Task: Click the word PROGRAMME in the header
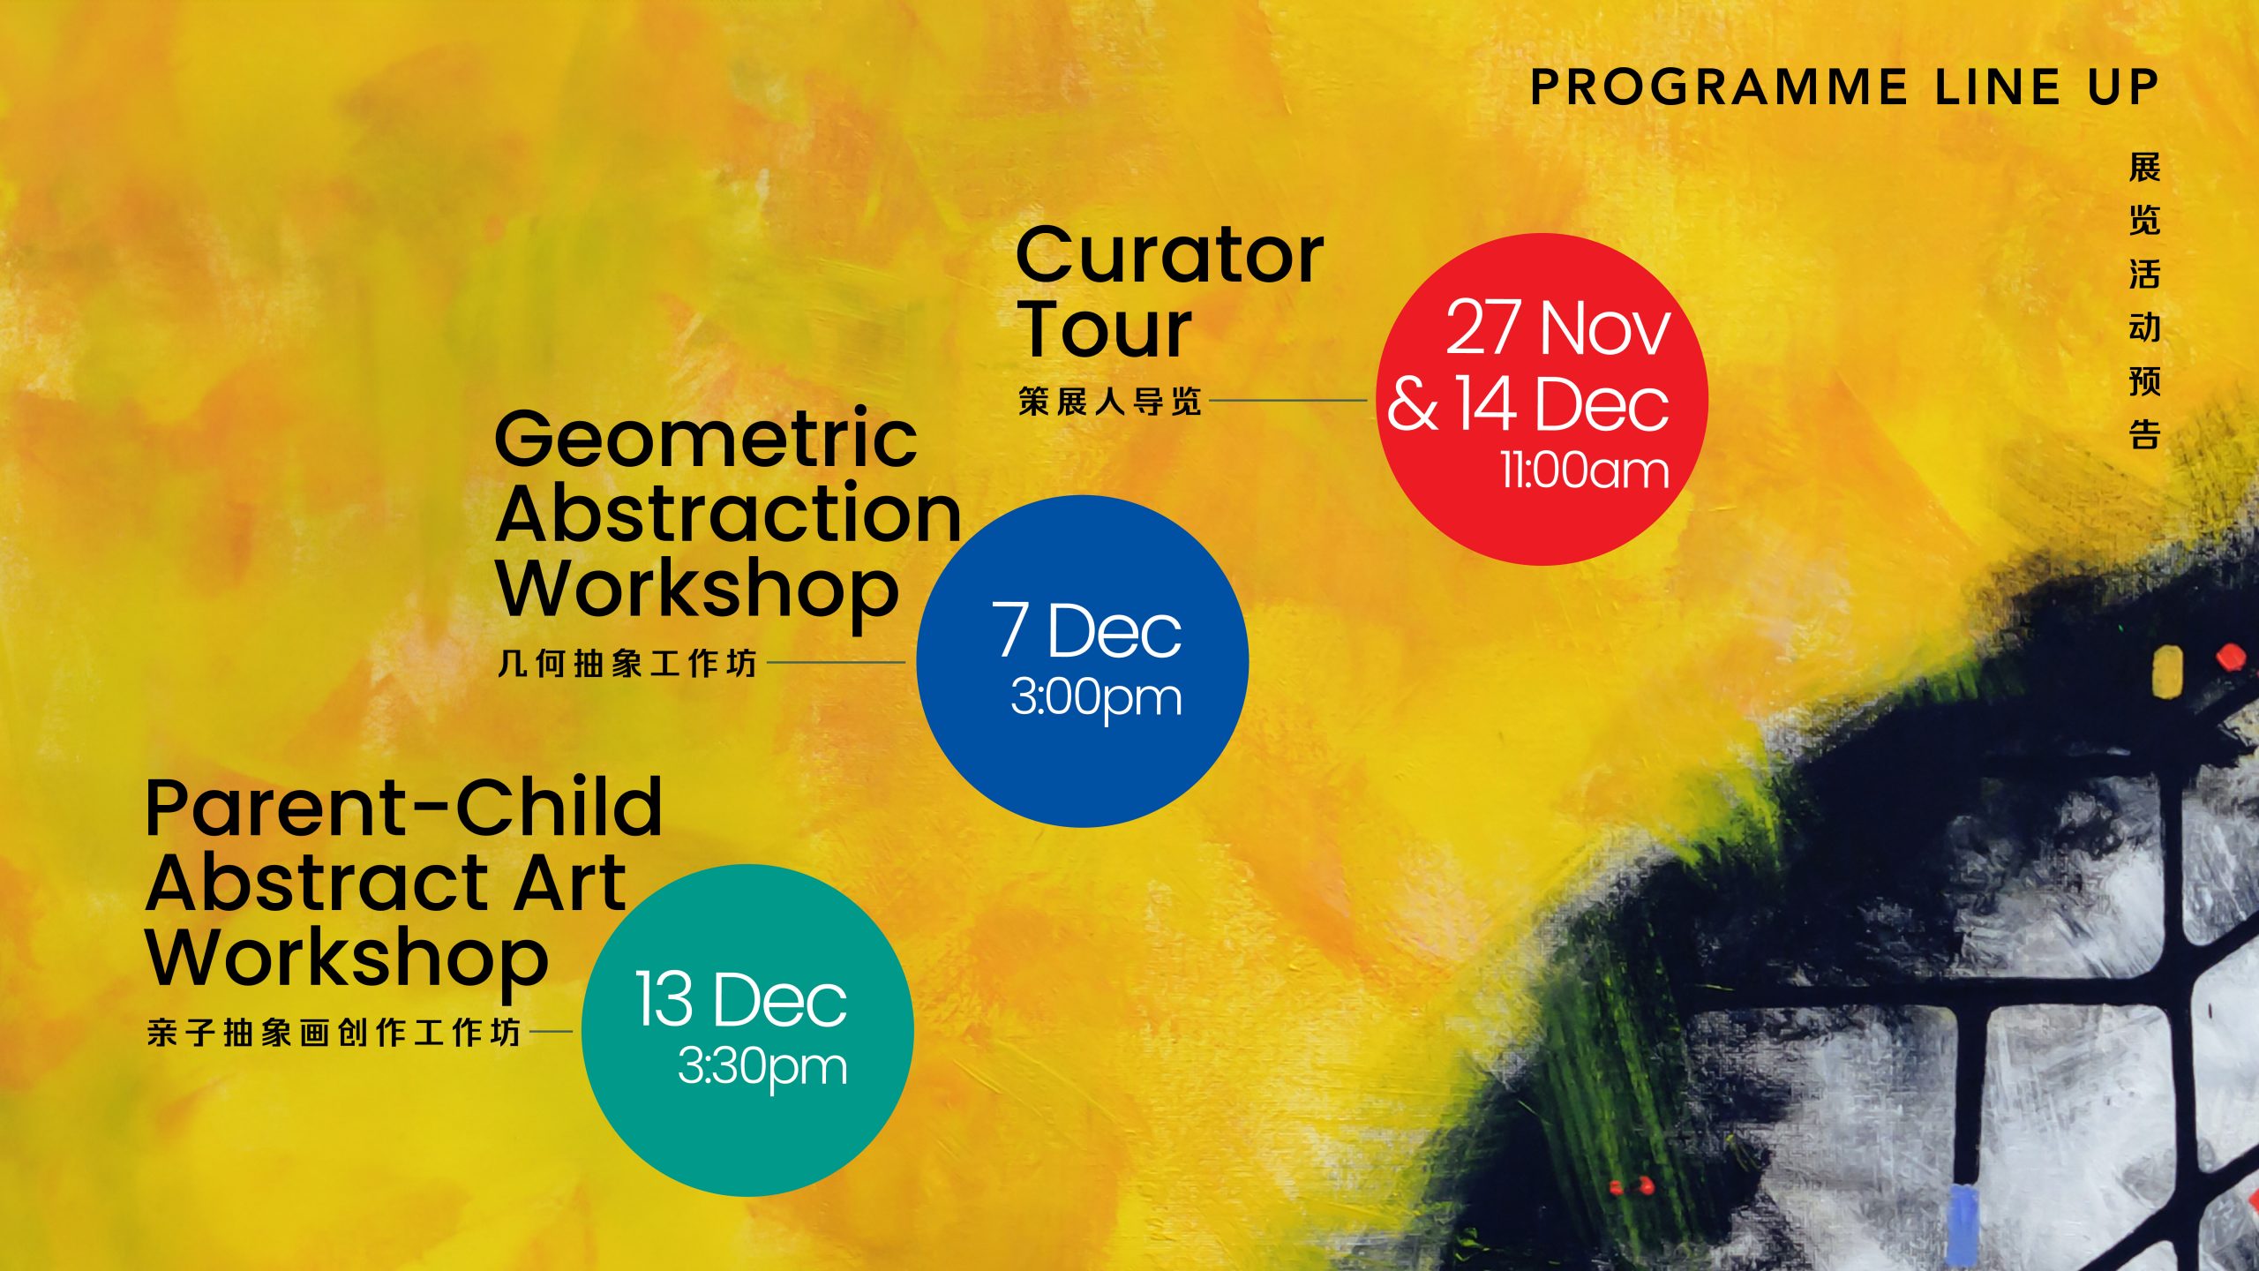pos(1719,87)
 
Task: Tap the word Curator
pos(1170,255)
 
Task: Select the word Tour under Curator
pos(1105,329)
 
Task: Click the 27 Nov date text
pos(1557,327)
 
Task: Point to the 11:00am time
pos(1585,470)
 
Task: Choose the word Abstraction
pos(728,514)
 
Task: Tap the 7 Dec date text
pos(1086,630)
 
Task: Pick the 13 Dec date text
pos(741,999)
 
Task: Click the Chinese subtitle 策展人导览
pos(1110,402)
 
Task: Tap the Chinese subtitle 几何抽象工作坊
pos(627,663)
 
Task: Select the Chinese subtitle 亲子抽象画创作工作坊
pos(334,1032)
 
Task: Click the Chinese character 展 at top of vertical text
pos(2144,168)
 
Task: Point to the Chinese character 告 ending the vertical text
pos(2144,434)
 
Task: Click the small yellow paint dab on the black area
pos(2167,671)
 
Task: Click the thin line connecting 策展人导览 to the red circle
pos(1288,400)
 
